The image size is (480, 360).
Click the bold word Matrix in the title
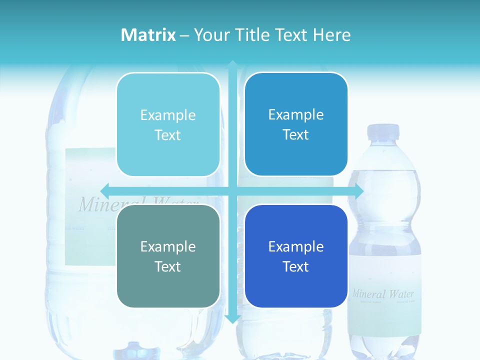point(148,35)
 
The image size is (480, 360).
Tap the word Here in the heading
point(331,35)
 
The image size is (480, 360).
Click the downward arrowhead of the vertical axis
point(232,318)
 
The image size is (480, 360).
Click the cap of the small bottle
point(383,131)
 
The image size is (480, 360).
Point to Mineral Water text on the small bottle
point(383,293)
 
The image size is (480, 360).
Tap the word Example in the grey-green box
point(168,246)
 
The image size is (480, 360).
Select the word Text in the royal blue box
point(296,266)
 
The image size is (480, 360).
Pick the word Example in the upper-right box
point(296,114)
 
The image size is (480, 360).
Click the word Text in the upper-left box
point(168,135)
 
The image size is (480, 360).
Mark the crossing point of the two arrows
point(232,191)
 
